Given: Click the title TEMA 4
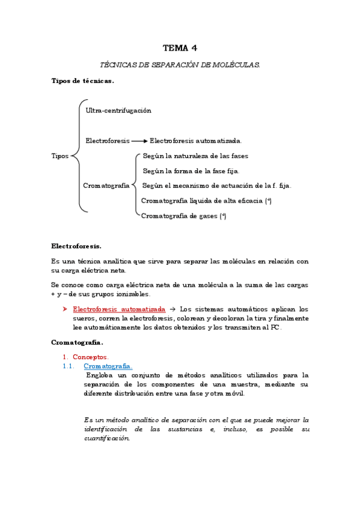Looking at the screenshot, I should (x=180, y=48).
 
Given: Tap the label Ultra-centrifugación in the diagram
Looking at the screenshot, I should (x=118, y=111).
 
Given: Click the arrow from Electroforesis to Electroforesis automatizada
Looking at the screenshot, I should (x=139, y=141).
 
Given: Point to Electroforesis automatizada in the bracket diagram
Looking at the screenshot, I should (x=195, y=141).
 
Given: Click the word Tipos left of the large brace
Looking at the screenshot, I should (x=60, y=156).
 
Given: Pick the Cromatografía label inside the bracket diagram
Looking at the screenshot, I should (x=106, y=186).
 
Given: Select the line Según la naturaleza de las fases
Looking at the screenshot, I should (x=195, y=156).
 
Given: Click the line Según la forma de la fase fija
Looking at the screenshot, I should (x=191, y=171).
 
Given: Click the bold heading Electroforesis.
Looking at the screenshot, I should (x=76, y=246).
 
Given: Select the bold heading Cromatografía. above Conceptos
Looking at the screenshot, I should (x=77, y=342).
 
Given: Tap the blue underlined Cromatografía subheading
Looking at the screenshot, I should (x=108, y=366).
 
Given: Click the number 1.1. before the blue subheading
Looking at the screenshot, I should (x=69, y=366).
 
